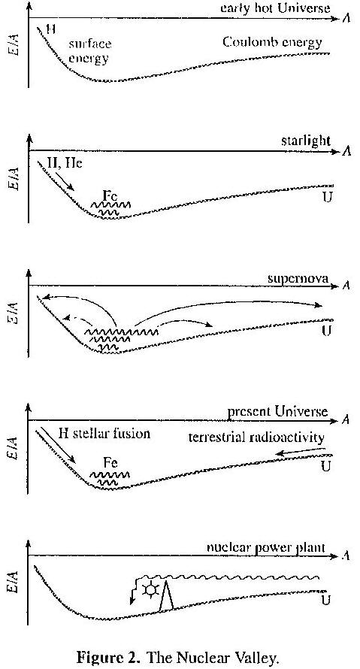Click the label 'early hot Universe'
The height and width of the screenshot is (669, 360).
(x=275, y=8)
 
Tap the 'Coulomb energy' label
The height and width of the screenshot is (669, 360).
(x=273, y=43)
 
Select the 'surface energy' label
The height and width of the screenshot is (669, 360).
(x=90, y=51)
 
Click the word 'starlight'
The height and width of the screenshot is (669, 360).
(x=306, y=141)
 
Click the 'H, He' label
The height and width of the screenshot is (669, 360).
(x=64, y=163)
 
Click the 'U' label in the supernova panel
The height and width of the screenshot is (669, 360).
(x=326, y=331)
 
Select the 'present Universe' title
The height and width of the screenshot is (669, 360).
(x=277, y=412)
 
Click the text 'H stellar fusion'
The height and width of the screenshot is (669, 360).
(x=104, y=434)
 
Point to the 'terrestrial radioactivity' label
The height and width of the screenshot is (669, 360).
(x=256, y=437)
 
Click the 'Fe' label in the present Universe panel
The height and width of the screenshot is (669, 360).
(x=110, y=463)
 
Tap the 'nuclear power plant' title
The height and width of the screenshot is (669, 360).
(x=266, y=548)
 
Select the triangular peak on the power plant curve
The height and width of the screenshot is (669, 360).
(x=166, y=595)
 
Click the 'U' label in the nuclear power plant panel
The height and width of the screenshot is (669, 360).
(x=326, y=601)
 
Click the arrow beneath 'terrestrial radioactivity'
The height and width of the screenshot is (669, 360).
(x=302, y=452)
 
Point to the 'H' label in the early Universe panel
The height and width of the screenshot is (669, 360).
(x=51, y=30)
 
